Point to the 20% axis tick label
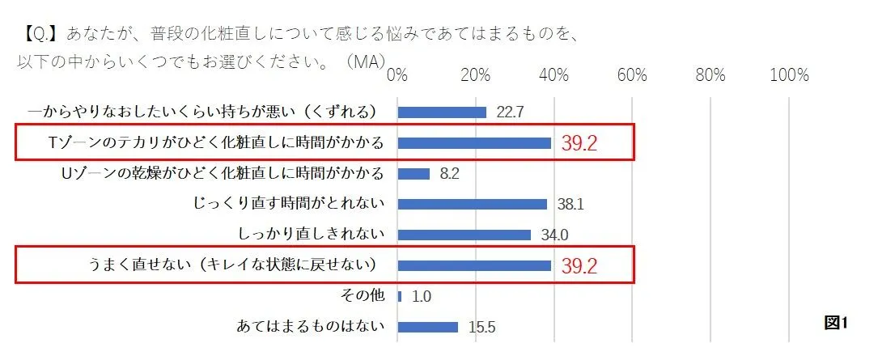475,75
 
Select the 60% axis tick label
631,75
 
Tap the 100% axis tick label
789,75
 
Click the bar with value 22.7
442,112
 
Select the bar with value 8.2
414,173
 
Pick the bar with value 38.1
473,204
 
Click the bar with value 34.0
464,235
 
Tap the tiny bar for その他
400,296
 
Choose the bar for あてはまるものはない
428,327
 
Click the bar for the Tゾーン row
474,143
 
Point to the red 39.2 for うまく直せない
579,266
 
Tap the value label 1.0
422,297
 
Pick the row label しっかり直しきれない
312,235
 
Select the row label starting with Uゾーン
223,173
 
